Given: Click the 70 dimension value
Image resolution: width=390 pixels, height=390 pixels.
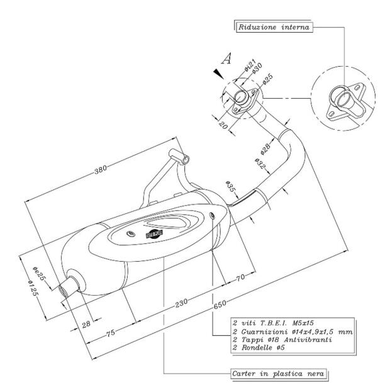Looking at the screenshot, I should (240, 277).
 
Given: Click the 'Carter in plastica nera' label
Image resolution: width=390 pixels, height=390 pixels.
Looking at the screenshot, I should (277, 374).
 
